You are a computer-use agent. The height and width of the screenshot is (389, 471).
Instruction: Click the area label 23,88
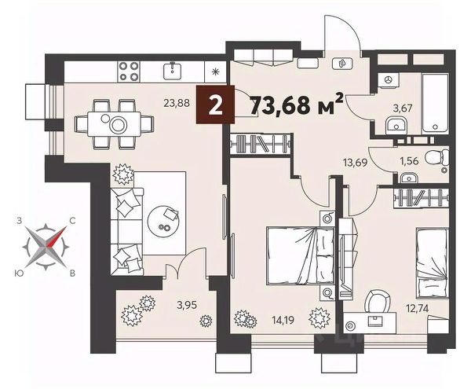click(x=177, y=104)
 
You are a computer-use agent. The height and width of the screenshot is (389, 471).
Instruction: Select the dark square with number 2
click(x=215, y=105)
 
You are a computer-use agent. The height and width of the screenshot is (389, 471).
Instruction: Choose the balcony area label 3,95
click(x=187, y=306)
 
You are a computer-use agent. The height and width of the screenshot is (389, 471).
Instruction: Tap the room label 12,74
click(x=417, y=308)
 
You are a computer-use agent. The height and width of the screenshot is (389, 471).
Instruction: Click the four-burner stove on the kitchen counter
click(x=129, y=72)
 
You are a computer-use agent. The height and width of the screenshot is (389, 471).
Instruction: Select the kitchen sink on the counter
click(x=173, y=71)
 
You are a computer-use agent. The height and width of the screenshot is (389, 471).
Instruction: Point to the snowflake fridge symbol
click(x=215, y=72)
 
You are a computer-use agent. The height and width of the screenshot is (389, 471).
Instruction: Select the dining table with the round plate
click(x=114, y=124)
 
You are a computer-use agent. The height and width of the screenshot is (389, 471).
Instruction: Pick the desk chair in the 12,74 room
click(x=378, y=301)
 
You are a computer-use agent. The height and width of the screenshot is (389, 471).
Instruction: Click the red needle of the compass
click(x=57, y=237)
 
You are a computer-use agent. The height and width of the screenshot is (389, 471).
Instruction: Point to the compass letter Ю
click(x=19, y=273)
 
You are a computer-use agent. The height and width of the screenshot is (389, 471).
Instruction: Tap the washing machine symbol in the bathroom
click(x=389, y=79)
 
